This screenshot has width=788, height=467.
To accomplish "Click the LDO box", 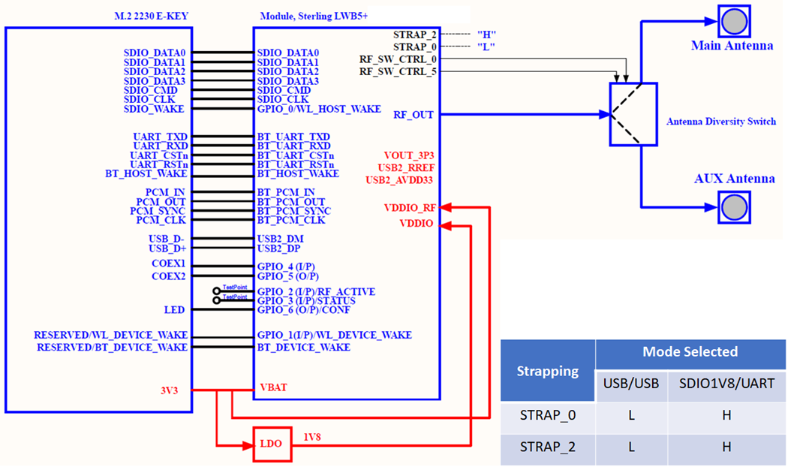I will click(x=271, y=443).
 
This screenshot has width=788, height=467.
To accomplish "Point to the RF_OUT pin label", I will click(x=414, y=115).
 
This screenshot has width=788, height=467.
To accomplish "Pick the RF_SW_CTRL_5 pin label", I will click(x=398, y=71).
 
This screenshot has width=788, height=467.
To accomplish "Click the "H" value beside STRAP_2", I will click(x=486, y=35).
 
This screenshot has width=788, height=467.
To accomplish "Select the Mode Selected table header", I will click(x=690, y=352).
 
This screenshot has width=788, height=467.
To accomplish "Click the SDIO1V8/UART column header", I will click(x=726, y=384).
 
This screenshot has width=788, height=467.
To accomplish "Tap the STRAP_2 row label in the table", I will click(x=548, y=447).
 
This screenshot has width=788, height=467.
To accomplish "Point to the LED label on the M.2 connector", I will click(x=175, y=309).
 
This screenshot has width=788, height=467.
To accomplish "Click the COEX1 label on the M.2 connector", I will click(x=169, y=264).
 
